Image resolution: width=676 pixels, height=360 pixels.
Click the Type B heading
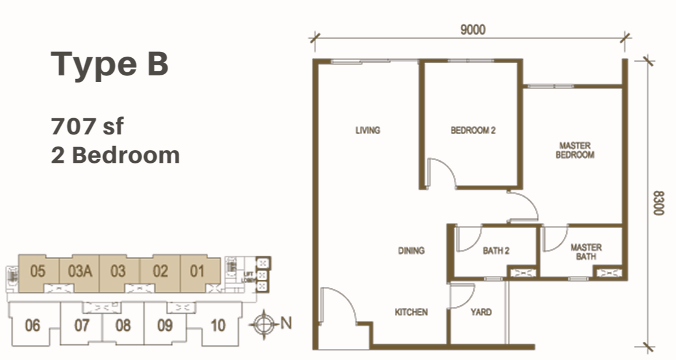coord(110,65)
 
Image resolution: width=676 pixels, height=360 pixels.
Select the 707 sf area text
coord(87,126)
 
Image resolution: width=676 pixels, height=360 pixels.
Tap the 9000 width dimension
coord(473,30)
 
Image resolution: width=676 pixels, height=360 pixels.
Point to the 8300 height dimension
coord(658,203)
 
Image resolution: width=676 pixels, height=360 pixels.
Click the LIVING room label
coord(368,130)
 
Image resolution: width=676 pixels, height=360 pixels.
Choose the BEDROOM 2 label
coord(473,130)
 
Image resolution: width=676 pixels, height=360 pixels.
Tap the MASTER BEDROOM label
coord(575,150)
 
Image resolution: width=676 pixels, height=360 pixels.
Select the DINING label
coord(411,250)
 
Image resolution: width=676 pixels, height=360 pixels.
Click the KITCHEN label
coord(411,312)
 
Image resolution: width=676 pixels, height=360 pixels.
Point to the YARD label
coord(481,312)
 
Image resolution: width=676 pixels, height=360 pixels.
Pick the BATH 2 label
coord(496,250)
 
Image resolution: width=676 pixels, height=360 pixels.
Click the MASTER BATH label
coord(586,252)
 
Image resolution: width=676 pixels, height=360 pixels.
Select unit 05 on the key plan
coord(38,271)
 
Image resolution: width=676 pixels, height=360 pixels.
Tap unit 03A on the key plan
coord(80,271)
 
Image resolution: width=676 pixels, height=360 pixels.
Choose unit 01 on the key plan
coord(197,271)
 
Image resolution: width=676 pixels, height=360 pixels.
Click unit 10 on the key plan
coord(218,325)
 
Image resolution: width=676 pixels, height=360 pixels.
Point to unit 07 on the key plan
coord(82,325)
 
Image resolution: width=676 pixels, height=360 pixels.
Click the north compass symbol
coord(264,324)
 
